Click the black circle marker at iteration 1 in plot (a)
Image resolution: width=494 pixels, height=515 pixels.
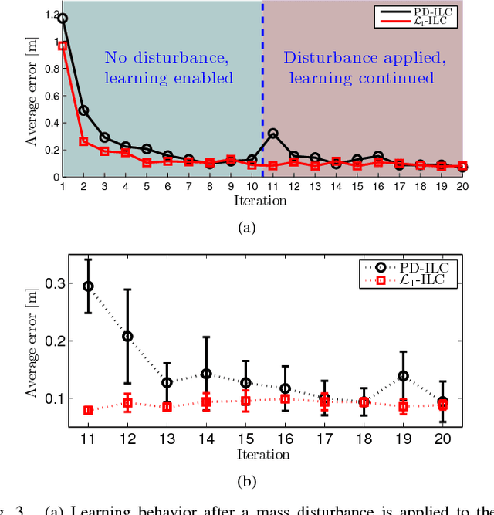(63, 18)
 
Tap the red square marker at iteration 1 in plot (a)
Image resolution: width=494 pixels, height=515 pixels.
(63, 46)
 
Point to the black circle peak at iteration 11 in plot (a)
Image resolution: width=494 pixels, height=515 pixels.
(272, 134)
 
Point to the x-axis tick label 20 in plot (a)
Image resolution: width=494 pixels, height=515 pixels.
(462, 187)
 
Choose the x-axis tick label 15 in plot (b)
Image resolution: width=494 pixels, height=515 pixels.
(245, 438)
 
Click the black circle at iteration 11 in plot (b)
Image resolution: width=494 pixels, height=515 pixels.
(88, 286)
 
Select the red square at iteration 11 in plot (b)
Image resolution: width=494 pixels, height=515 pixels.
(88, 411)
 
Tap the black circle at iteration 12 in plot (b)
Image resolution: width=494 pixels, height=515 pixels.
(127, 337)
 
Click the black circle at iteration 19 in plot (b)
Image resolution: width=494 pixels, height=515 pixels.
(403, 376)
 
